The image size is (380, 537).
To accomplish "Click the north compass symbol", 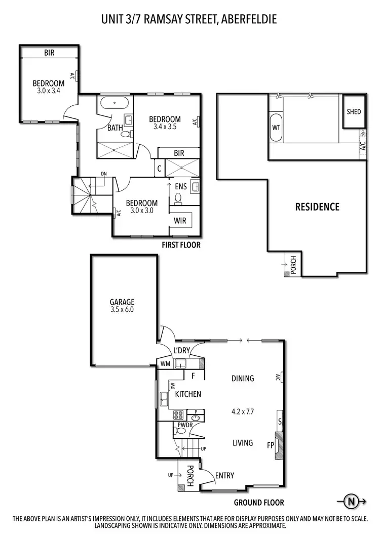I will [x=350, y=502].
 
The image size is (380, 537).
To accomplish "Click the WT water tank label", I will [x=276, y=127].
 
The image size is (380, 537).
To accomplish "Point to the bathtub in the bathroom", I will [x=113, y=105].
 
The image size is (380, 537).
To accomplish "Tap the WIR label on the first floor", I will [x=180, y=220].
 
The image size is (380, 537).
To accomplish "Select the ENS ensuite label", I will [x=181, y=186].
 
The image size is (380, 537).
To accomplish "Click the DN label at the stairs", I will [x=104, y=174].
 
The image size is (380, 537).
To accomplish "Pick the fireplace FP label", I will [x=271, y=445].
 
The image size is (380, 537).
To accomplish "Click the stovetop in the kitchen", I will [x=180, y=415].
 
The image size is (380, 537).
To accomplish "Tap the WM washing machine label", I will [x=165, y=363].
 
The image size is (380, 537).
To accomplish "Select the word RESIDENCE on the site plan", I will [x=317, y=206].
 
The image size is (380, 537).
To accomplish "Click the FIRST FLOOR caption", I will [x=181, y=245].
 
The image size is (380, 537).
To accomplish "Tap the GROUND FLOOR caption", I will [x=258, y=503].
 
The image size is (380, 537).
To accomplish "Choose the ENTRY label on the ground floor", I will [x=224, y=475].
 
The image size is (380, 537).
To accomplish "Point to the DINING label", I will [x=243, y=378].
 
